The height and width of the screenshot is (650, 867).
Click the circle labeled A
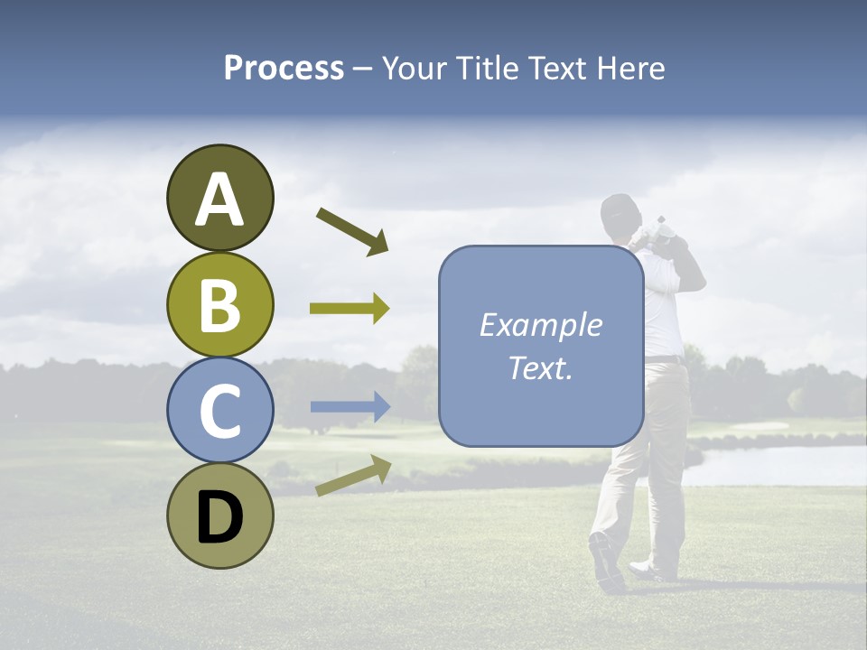(x=219, y=198)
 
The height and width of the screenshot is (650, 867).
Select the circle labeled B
(x=219, y=304)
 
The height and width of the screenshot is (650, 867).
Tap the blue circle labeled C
(x=219, y=411)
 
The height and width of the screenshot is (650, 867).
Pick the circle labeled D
(x=219, y=516)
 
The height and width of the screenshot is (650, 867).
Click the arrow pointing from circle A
(x=352, y=231)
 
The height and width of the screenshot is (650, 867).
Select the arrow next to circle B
(x=350, y=309)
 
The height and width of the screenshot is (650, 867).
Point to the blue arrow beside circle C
(x=350, y=407)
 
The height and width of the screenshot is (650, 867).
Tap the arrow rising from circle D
(x=353, y=476)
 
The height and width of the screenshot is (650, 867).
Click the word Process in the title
(x=284, y=68)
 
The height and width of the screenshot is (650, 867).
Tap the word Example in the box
(x=540, y=325)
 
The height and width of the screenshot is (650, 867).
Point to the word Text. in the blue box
(x=540, y=368)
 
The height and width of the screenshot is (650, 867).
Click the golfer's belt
(x=664, y=359)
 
